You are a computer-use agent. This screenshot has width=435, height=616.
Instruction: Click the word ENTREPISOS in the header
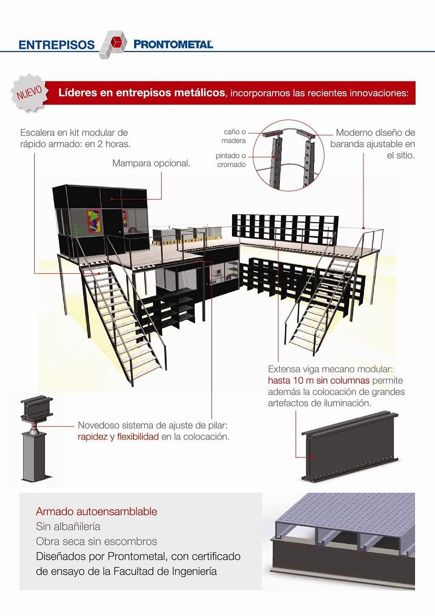(x=56, y=45)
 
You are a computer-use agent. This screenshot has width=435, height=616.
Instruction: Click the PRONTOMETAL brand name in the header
(x=173, y=44)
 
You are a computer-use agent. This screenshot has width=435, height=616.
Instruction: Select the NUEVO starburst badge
(x=30, y=93)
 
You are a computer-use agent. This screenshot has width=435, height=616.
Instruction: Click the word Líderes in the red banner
(x=76, y=93)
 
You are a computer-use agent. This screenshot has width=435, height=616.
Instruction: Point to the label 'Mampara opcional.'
(x=151, y=163)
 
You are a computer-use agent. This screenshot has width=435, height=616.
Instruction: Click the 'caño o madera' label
(x=234, y=136)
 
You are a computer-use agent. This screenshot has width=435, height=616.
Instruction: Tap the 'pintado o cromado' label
(x=231, y=160)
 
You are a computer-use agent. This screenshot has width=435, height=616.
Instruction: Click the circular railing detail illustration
(x=289, y=156)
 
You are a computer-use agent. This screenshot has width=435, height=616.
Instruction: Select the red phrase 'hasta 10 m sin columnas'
(x=319, y=380)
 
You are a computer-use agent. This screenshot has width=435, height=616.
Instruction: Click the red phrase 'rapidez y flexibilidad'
(x=118, y=436)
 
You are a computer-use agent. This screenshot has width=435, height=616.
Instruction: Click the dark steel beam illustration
(x=350, y=445)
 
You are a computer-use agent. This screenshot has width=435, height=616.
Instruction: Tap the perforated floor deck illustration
(x=343, y=541)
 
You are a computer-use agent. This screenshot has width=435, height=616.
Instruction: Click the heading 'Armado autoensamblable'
(x=97, y=512)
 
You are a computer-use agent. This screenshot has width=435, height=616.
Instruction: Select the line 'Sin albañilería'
(x=68, y=526)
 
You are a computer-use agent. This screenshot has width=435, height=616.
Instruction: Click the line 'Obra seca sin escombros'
(x=97, y=541)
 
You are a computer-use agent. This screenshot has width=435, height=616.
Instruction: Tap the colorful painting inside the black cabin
(x=94, y=221)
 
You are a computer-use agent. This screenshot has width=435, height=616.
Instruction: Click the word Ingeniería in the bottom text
(x=194, y=571)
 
